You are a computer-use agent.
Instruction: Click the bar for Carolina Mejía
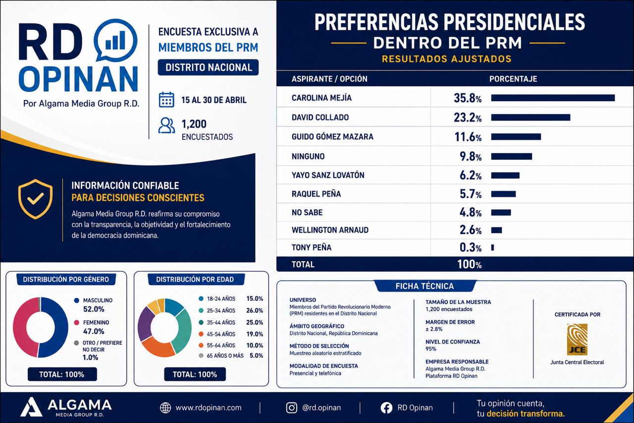[x=553, y=98]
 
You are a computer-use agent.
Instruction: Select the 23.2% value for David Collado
[x=468, y=118]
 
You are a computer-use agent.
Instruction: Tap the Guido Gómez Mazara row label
[x=332, y=137]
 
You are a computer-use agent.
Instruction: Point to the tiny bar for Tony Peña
[x=492, y=247]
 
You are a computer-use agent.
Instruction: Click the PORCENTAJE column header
[x=513, y=79]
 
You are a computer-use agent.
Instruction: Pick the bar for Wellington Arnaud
[x=496, y=230]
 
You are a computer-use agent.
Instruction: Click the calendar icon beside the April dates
[x=166, y=100]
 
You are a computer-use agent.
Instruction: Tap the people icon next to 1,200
[x=166, y=125]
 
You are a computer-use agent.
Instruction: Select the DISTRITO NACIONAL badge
[x=209, y=67]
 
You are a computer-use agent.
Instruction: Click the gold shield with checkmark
[x=35, y=199]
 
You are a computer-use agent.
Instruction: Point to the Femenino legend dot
[x=76, y=322]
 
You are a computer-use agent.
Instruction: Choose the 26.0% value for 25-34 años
[x=255, y=310]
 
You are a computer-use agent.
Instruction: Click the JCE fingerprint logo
[x=577, y=339]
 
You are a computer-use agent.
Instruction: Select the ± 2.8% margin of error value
[x=434, y=329]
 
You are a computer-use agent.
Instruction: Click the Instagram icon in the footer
[x=292, y=408]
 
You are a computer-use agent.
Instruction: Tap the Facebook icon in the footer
[x=386, y=408]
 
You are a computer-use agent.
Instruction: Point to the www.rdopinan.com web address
[x=209, y=408]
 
